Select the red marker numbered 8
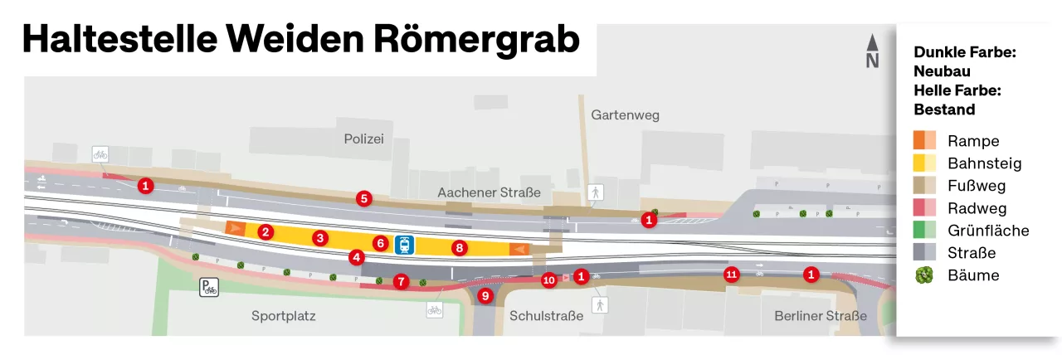pyautogui.click(x=459, y=246)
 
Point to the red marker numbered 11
pyautogui.click(x=731, y=275)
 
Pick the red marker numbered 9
pyautogui.click(x=485, y=294)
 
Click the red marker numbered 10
pyautogui.click(x=548, y=280)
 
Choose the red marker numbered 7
pyautogui.click(x=402, y=281)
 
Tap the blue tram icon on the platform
pyautogui.click(x=405, y=244)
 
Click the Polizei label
pyautogui.click(x=364, y=139)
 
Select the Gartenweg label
pyautogui.click(x=625, y=115)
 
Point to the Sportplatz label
pyautogui.click(x=284, y=316)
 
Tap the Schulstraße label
pyautogui.click(x=542, y=316)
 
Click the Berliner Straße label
pyautogui.click(x=820, y=316)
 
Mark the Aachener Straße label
pyautogui.click(x=489, y=192)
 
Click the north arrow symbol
pyautogui.click(x=872, y=51)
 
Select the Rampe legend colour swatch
pyautogui.click(x=924, y=141)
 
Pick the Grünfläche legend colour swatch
pyautogui.click(x=924, y=231)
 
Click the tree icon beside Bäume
pyautogui.click(x=924, y=275)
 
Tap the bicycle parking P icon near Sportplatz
pyautogui.click(x=208, y=288)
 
